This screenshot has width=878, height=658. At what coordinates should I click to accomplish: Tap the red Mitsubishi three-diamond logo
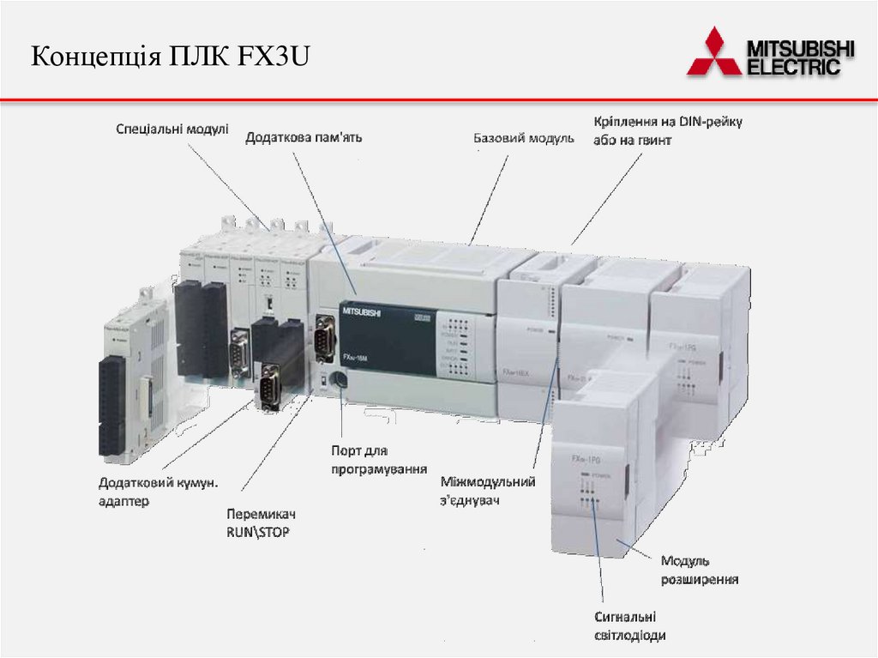[713, 52]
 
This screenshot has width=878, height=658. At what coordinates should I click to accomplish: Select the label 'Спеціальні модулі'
[172, 129]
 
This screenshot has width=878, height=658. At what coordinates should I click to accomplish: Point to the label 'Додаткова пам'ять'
[304, 137]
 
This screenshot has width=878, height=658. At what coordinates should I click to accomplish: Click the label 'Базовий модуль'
[524, 137]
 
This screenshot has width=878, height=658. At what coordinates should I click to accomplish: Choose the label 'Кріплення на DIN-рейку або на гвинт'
[667, 130]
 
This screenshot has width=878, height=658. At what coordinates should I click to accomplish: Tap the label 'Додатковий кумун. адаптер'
[158, 492]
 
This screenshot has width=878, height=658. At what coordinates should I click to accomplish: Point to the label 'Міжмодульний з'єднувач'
[488, 490]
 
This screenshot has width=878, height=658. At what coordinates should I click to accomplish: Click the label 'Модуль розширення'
[699, 570]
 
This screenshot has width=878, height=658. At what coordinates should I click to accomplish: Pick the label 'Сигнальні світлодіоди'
[629, 625]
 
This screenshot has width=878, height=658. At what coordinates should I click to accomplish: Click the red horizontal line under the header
[439, 100]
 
